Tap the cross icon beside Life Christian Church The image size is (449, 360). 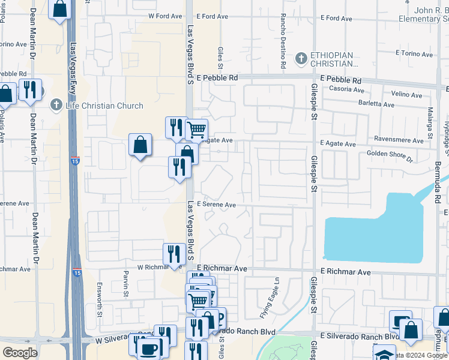tap(56, 106)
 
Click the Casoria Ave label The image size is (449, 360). tap(343, 89)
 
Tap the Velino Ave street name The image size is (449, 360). tap(406, 94)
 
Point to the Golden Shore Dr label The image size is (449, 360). tap(390, 156)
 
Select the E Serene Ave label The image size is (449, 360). tap(217, 205)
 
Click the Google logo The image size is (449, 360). tap(20, 352)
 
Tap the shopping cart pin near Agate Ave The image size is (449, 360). tap(196, 129)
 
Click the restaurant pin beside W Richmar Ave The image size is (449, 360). tap(173, 254)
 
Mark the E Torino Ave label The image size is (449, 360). tap(415, 53)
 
